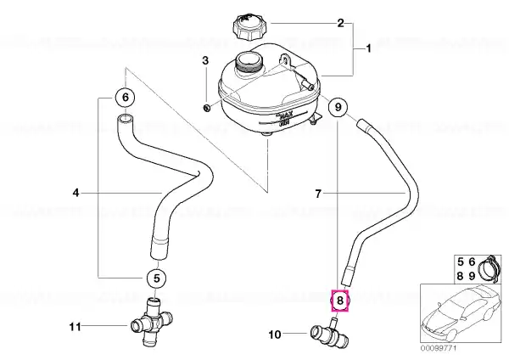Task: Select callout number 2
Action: pyautogui.click(x=341, y=23)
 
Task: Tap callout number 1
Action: pyautogui.click(x=368, y=50)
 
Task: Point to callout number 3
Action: pyautogui.click(x=204, y=60)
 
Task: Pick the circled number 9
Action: pyautogui.click(x=338, y=108)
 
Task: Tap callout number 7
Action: pyautogui.click(x=319, y=194)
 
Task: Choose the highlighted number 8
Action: pyautogui.click(x=339, y=300)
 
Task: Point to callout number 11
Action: pyautogui.click(x=74, y=325)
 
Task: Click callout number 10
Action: pyautogui.click(x=274, y=335)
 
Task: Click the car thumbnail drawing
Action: pyautogui.click(x=462, y=314)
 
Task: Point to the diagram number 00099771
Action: pyautogui.click(x=439, y=347)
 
